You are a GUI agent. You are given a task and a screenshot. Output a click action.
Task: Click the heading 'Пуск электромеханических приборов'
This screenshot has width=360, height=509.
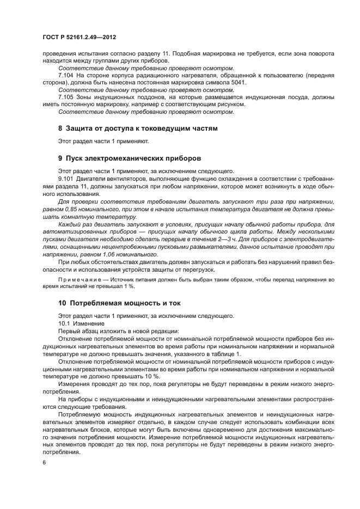[x=133, y=158]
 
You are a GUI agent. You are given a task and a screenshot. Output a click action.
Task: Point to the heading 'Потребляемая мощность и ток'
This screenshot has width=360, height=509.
[x=123, y=303]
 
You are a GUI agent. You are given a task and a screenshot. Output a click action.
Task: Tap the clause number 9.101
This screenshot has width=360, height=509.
[x=67, y=179]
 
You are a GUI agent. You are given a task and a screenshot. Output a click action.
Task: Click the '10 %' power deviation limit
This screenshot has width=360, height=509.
[x=154, y=376]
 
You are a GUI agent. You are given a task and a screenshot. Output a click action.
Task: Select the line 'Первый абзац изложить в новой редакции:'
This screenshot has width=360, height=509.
[x=111, y=331]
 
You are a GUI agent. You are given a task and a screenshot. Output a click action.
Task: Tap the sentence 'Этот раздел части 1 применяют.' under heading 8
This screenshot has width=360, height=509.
[x=103, y=141]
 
